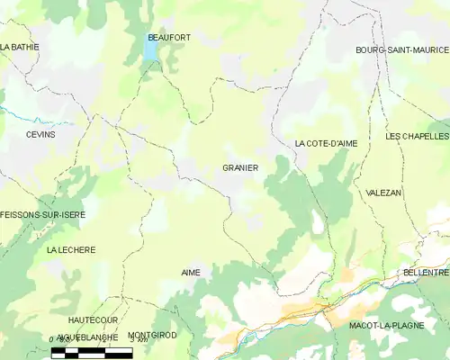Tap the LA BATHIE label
[x=18, y=46]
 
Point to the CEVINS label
[x=40, y=134]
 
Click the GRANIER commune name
[x=240, y=167]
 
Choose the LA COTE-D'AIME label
[x=326, y=143]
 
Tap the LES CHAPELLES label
[x=416, y=136]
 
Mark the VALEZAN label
[x=384, y=193]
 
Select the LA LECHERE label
[x=70, y=249]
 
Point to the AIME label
[x=191, y=272]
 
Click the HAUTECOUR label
[x=93, y=319]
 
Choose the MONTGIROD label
[x=152, y=335]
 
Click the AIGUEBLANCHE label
[x=86, y=337]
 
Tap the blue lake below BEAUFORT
[x=149, y=51]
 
